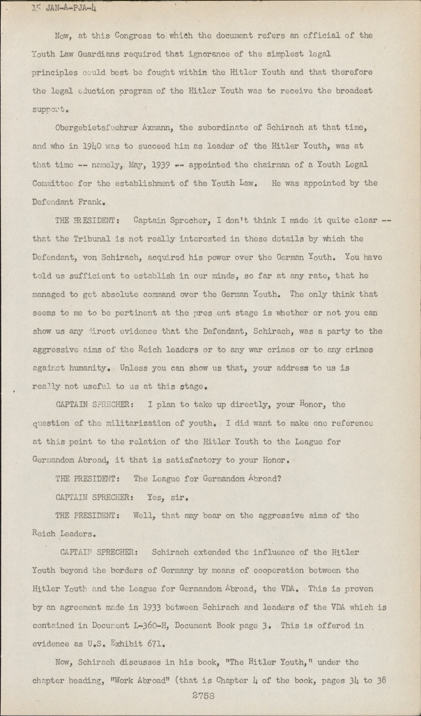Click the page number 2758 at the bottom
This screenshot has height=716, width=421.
pyautogui.click(x=203, y=695)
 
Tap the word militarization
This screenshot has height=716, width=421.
pyautogui.click(x=134, y=423)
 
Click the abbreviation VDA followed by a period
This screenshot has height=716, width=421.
pyautogui.click(x=288, y=589)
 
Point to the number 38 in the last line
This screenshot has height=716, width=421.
pyautogui.click(x=380, y=681)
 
